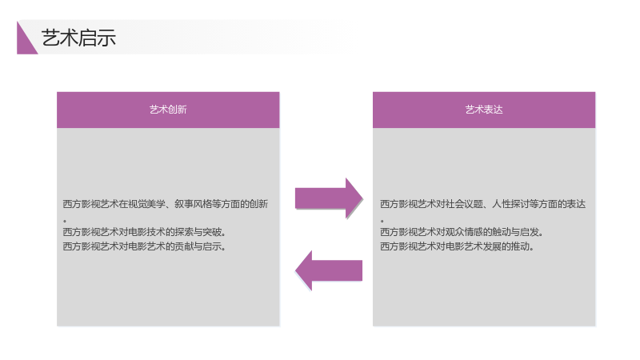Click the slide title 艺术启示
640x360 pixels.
click(78, 38)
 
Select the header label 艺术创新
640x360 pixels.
click(168, 110)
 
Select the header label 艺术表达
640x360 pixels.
click(484, 110)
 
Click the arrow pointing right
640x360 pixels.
click(329, 198)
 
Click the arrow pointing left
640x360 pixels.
click(329, 270)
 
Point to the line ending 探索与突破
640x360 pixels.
click(145, 232)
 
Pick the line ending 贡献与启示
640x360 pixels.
click(145, 246)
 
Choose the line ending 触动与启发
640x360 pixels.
click(462, 232)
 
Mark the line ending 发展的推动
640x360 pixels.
click(457, 246)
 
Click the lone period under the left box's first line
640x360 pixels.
click(65, 221)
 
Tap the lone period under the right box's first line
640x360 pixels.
click(382, 221)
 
